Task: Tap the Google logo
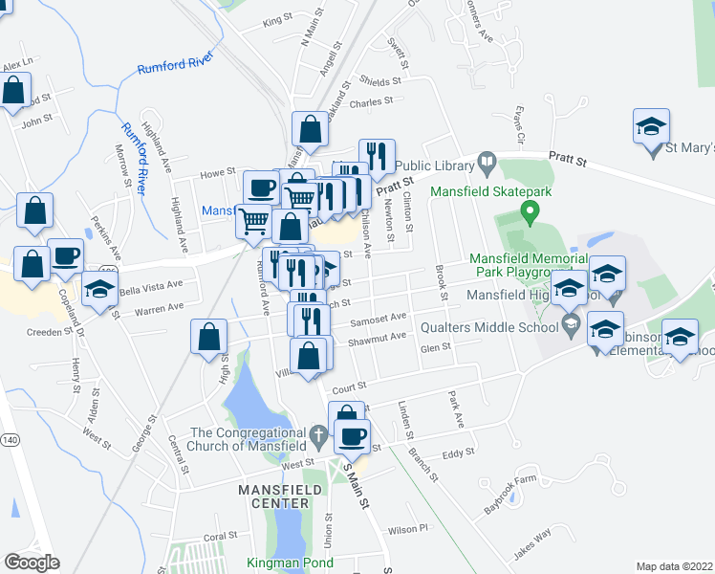tap(32, 563)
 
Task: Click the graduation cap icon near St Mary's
tap(651, 127)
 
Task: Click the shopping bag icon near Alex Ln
tap(14, 92)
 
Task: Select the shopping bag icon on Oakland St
tap(310, 129)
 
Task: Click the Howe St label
tap(217, 174)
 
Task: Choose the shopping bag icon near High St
tap(208, 337)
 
